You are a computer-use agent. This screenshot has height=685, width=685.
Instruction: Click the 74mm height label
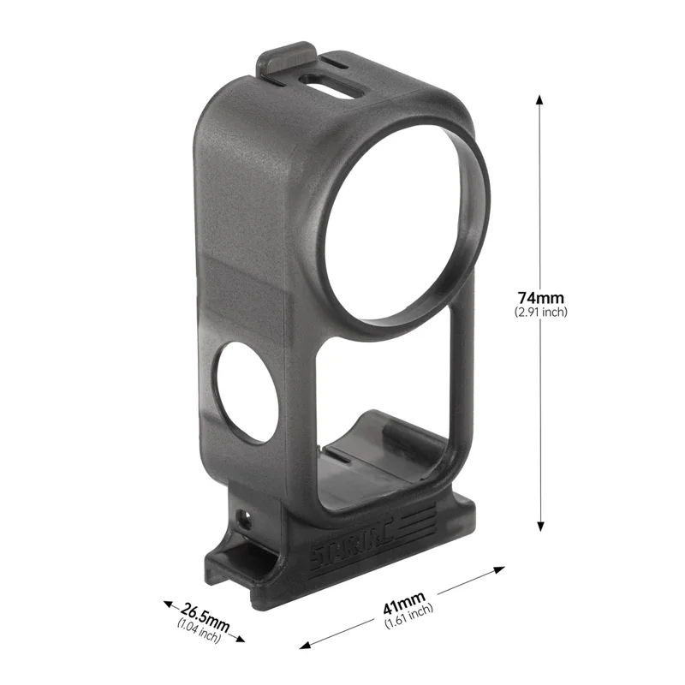[x=540, y=298]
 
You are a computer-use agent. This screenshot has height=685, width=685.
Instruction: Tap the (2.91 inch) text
[x=540, y=313]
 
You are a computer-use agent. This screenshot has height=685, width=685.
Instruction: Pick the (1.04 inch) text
[x=199, y=632]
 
